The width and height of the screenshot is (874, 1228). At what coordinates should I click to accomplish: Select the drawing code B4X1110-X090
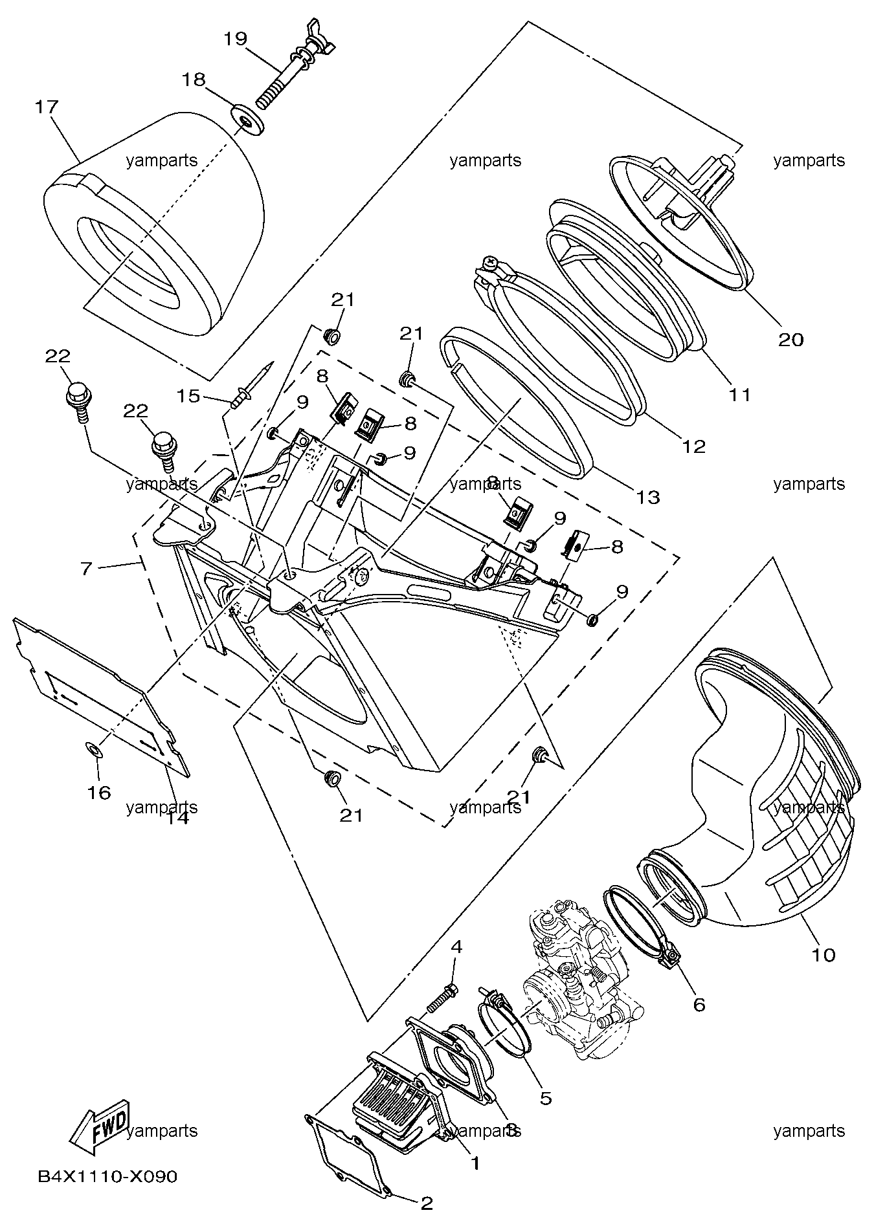[107, 1176]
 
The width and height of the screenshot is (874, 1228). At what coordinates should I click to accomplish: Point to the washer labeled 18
[247, 120]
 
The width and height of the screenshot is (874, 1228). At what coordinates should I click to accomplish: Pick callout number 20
[790, 339]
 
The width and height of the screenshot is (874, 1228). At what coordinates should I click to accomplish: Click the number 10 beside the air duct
[824, 954]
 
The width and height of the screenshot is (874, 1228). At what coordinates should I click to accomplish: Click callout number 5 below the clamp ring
[545, 1097]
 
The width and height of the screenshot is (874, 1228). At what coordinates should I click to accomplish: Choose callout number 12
[693, 446]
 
